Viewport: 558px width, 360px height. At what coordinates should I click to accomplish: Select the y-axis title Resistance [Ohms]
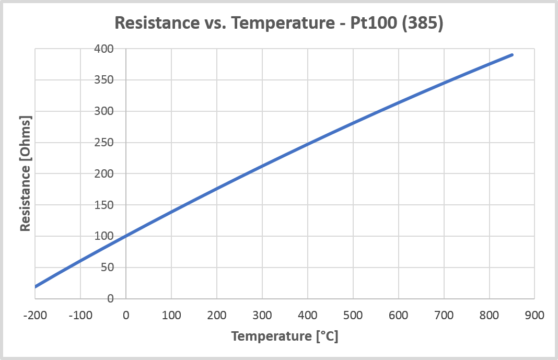(25, 173)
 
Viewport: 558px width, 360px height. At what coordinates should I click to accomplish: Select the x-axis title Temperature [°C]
(285, 336)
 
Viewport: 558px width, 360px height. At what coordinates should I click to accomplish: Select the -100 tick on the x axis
(80, 316)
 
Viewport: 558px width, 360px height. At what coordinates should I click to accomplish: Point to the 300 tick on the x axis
(262, 316)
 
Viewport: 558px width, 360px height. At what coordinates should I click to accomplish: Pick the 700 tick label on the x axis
(444, 316)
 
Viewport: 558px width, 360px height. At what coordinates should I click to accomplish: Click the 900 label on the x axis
(534, 316)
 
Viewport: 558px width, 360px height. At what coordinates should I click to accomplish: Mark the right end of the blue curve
(512, 54)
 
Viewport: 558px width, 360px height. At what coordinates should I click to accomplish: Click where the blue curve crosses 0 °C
(126, 236)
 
